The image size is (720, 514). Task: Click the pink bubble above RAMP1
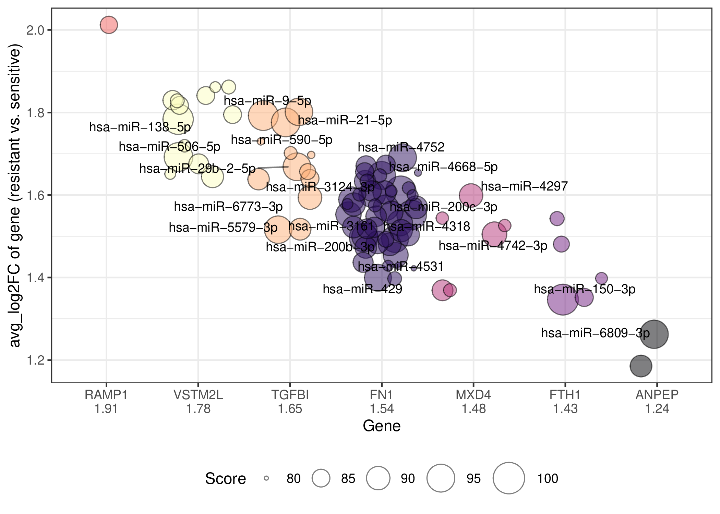tap(109, 25)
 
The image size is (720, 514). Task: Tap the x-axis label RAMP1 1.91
tap(106, 402)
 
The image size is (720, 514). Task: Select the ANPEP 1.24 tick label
tap(657, 402)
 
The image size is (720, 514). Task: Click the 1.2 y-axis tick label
tap(35, 360)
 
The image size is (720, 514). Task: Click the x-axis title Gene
tap(382, 426)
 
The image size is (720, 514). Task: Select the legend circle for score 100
tap(509, 478)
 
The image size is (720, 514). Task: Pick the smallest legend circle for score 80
tap(266, 478)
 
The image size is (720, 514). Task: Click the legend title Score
tap(226, 478)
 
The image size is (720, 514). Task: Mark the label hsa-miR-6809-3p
tap(596, 333)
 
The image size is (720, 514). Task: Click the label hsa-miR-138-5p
tap(140, 127)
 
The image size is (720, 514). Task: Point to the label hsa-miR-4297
tap(524, 186)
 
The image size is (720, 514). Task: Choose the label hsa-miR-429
tap(362, 289)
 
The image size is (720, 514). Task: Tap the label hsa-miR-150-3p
tap(585, 289)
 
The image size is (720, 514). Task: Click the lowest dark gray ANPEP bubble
tap(641, 366)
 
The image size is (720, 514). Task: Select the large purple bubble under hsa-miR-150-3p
tap(563, 299)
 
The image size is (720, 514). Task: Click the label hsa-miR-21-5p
tap(345, 120)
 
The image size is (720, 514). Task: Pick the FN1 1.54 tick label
tap(382, 402)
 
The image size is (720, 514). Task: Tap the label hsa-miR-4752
tap(401, 147)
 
